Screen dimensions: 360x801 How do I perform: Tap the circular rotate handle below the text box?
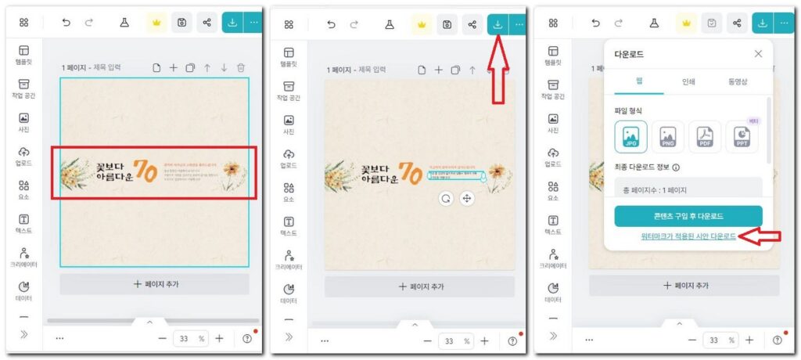446,198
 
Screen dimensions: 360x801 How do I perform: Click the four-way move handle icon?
467,198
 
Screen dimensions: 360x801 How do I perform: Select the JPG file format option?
630,137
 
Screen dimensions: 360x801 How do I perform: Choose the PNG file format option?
667,137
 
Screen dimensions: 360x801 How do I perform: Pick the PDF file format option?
704,137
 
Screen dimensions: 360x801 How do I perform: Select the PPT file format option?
742,138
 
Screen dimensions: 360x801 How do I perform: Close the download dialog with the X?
758,54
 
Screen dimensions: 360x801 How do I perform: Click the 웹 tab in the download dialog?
639,81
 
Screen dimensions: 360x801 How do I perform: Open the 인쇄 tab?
688,81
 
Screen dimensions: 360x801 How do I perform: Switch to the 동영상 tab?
738,81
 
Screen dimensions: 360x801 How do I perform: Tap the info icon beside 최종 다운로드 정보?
676,167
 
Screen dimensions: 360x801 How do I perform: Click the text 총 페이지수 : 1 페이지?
654,190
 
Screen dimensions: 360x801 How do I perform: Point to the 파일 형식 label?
630,110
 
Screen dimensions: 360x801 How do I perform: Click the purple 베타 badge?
753,121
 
